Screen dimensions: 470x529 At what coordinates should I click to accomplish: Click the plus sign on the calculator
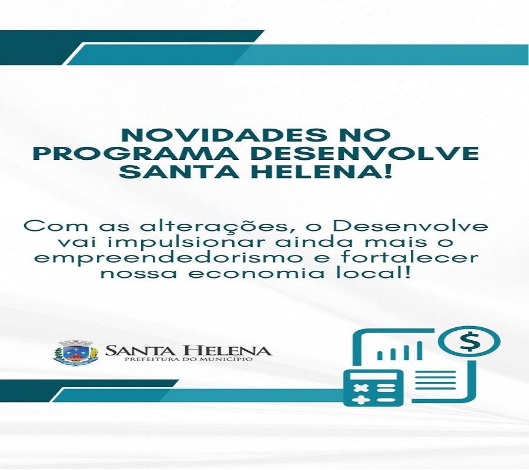click(x=359, y=399)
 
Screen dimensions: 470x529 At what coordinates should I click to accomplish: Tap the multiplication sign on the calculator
click(x=359, y=388)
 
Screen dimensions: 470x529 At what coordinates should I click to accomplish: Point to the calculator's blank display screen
click(x=373, y=374)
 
